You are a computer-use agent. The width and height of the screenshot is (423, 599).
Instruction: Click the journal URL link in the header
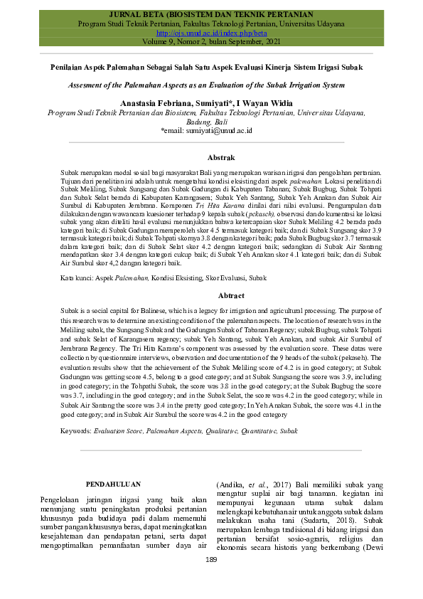[211, 33]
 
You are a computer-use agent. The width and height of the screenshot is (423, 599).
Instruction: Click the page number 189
[210, 561]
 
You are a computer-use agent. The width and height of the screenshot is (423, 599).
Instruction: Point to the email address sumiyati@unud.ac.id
[211, 131]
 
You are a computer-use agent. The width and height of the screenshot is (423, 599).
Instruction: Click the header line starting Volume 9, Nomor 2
[211, 42]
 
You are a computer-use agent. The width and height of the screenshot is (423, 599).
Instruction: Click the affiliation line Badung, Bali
[207, 122]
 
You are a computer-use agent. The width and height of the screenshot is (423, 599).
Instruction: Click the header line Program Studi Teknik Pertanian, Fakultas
[211, 23]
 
